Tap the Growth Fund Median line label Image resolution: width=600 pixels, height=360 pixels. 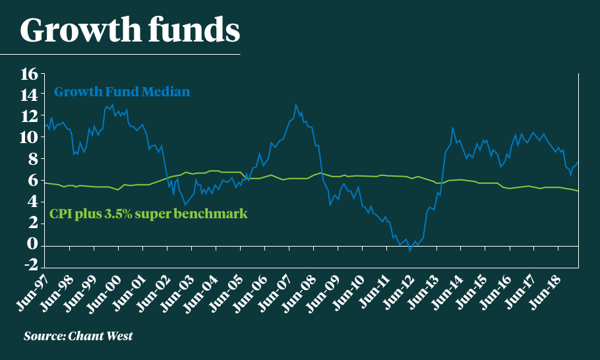point(122,92)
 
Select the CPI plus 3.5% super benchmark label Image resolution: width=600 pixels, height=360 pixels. point(149,214)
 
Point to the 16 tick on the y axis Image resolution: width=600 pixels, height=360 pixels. point(29,74)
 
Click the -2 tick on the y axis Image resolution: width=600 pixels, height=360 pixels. point(29,265)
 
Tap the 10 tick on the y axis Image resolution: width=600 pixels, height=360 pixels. point(29,137)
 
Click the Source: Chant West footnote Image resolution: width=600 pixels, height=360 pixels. point(78,336)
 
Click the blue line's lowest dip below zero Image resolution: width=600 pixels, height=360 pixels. point(409,251)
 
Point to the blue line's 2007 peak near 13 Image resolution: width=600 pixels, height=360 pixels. point(296,104)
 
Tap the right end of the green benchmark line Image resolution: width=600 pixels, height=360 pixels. point(578,191)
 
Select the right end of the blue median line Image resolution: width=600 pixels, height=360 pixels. point(578,162)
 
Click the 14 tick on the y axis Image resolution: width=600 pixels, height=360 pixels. point(29,95)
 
